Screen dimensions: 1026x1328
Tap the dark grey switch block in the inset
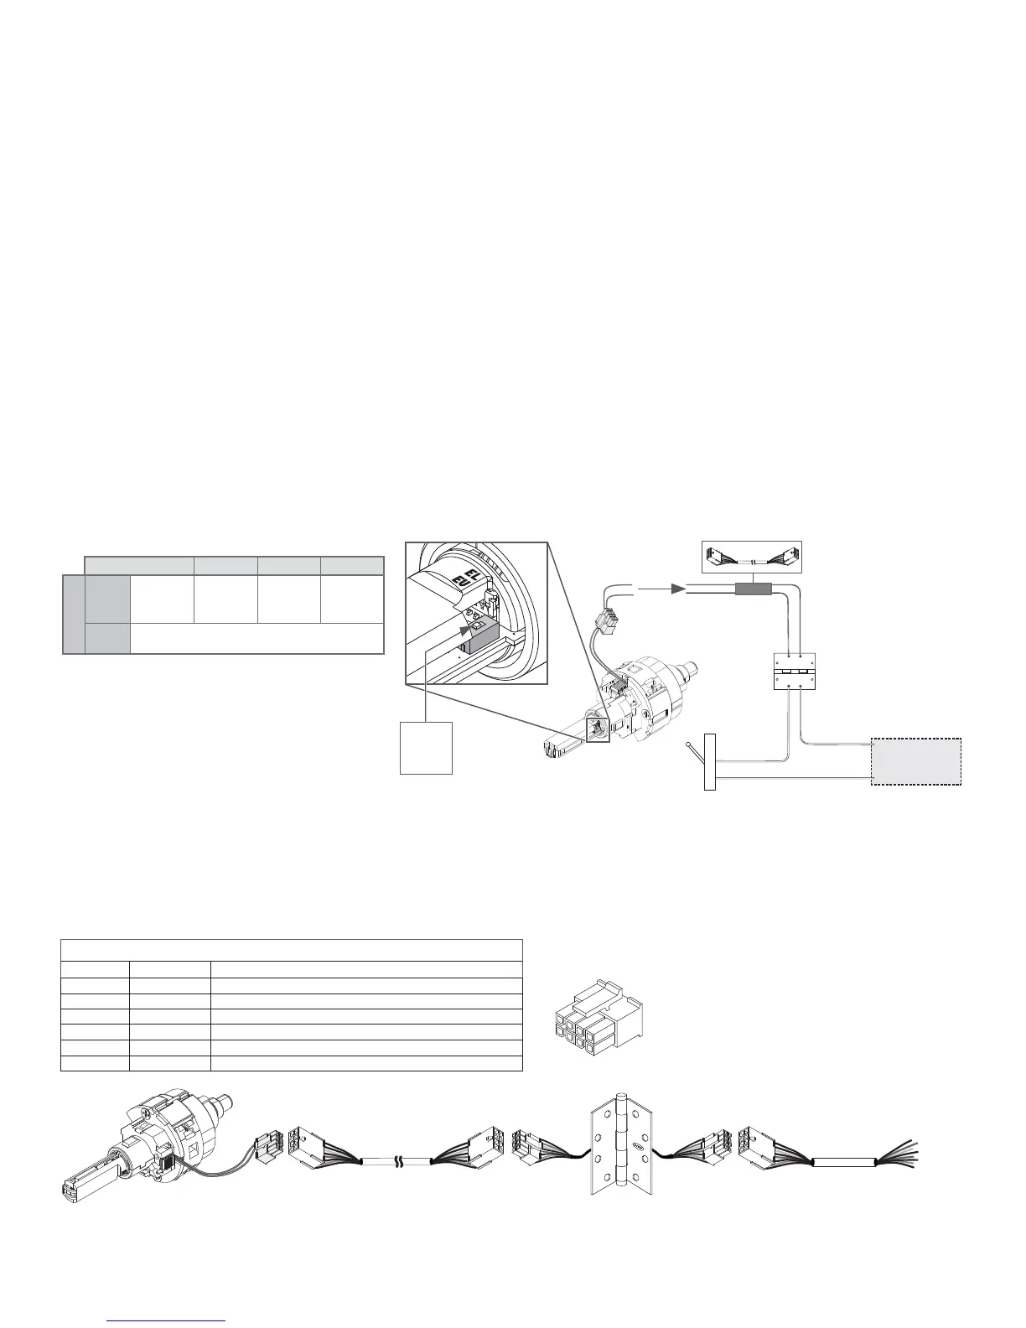pyautogui.click(x=480, y=636)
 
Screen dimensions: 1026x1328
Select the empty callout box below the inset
pyautogui.click(x=427, y=747)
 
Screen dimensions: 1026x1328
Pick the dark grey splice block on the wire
pyautogui.click(x=753, y=589)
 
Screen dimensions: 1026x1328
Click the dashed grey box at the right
pyautogui.click(x=916, y=761)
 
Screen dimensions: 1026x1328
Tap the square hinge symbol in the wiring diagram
pyautogui.click(x=792, y=672)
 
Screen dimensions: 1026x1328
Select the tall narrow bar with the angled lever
pyautogui.click(x=711, y=761)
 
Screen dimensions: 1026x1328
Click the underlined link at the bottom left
pyautogui.click(x=168, y=1320)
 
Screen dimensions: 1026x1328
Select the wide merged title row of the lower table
pyautogui.click(x=292, y=950)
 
